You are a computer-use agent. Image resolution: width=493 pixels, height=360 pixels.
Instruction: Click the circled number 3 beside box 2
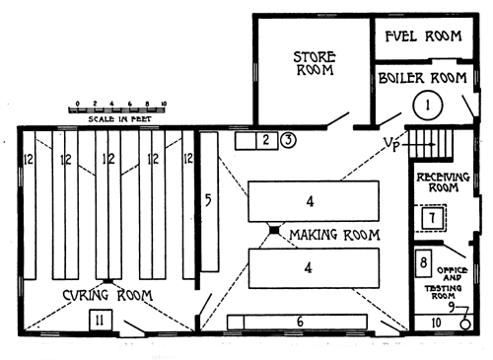287,140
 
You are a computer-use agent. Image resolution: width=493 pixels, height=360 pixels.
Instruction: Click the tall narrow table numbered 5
208,201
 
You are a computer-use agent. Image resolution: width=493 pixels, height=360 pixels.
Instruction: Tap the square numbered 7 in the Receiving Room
430,217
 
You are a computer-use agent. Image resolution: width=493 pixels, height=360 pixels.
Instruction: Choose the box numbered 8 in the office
422,263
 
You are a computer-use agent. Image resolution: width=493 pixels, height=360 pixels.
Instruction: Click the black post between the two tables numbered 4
275,232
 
